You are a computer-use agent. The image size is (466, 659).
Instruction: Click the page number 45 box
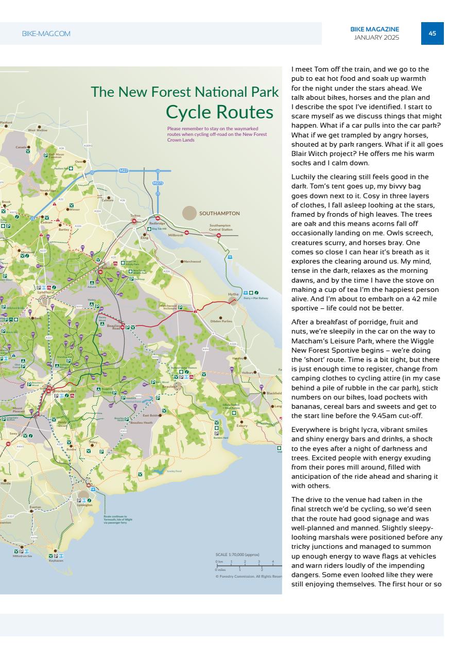coord(432,33)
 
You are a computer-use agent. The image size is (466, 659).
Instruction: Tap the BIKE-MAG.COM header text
coord(46,34)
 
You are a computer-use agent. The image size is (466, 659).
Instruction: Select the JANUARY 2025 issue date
coord(376,38)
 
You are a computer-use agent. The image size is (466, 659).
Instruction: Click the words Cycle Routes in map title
coord(219,112)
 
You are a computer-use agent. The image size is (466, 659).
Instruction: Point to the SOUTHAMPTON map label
coord(219,213)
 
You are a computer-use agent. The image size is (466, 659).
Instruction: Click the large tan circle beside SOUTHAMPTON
coord(189,213)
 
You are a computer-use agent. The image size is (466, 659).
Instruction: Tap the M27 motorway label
coord(124,170)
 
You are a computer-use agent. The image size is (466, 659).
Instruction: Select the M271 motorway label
coord(158,183)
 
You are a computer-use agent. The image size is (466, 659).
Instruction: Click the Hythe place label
coord(233,294)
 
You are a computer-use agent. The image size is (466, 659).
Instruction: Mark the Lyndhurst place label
coord(46,292)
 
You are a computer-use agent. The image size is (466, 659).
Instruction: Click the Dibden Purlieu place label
coord(221,321)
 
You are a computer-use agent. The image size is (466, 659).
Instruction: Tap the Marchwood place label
coord(192,262)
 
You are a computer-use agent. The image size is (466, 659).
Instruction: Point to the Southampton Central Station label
coord(220,227)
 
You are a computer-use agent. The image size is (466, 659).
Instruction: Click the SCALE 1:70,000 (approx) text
coord(237,554)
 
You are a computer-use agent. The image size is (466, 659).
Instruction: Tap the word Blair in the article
coord(300,154)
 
